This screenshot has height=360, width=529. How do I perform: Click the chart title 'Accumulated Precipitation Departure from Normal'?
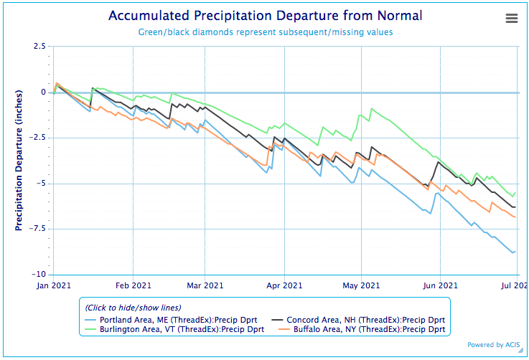point(265,16)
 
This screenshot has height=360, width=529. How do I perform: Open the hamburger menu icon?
point(512,19)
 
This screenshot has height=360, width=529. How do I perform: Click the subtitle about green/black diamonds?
point(265,32)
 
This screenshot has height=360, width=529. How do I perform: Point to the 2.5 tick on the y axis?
point(39,47)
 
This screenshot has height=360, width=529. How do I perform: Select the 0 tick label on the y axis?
point(43,93)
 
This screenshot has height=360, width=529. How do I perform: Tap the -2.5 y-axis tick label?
point(37,138)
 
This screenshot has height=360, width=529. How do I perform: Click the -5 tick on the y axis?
point(41,184)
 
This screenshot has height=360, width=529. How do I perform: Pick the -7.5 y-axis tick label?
point(37,229)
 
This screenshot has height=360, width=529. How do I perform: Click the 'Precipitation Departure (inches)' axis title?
point(19,161)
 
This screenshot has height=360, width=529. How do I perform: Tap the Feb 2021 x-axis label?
point(133,285)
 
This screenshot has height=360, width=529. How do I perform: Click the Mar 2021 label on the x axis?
point(205,285)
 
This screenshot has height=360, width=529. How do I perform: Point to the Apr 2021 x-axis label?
point(284,285)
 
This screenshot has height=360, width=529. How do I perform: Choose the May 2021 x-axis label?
point(361,285)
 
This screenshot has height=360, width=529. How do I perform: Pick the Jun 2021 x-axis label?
point(439,285)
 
